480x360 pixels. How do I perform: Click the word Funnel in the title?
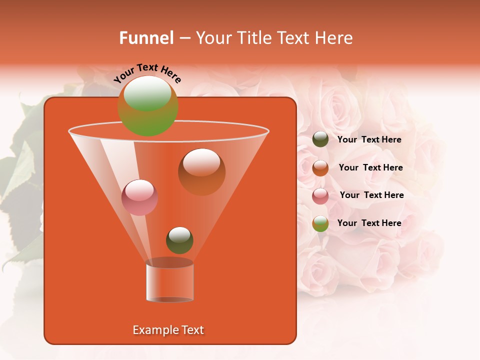[x=146, y=38]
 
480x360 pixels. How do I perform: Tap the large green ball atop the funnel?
[x=147, y=106]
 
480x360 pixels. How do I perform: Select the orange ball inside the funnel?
[x=201, y=172]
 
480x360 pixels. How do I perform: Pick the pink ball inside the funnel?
[x=139, y=197]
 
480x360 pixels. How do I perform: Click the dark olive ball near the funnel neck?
[x=179, y=240]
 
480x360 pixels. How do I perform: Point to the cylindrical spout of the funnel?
[x=169, y=281]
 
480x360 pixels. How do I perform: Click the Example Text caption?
[x=168, y=330]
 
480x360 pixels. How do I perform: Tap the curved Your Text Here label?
[x=147, y=72]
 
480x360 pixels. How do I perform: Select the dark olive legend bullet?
[x=320, y=139]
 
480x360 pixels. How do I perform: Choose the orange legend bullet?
[x=320, y=168]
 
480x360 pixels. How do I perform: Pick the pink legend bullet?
[x=320, y=196]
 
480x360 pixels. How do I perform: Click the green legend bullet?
[x=320, y=223]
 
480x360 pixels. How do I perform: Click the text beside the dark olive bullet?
[x=369, y=140]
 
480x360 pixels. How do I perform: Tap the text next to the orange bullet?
[x=370, y=168]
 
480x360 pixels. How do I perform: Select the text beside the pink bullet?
[x=371, y=195]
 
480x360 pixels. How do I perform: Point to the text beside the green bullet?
[x=369, y=223]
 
